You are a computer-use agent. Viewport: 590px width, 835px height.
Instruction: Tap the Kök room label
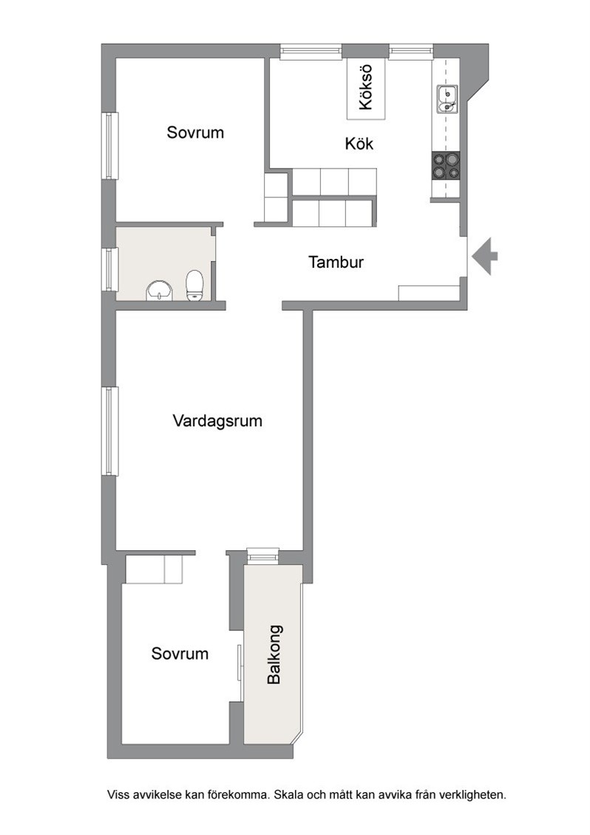point(359,143)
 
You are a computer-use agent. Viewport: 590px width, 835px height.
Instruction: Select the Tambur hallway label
point(336,262)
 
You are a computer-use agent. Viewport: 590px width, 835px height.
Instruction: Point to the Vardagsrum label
point(217,421)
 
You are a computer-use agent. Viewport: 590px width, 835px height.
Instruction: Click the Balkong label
point(274,655)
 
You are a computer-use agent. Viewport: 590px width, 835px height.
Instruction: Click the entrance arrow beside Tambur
point(484,256)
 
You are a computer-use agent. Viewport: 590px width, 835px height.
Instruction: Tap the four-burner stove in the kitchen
point(445,166)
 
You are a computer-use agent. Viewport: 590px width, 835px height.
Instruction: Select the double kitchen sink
point(447,100)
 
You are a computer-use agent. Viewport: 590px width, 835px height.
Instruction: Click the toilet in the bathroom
point(194,286)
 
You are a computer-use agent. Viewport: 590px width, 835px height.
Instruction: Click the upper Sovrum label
point(195,132)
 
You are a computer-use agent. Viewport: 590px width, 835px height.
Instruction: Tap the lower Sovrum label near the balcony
point(180,653)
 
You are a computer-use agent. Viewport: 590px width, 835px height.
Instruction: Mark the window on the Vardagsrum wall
point(109,431)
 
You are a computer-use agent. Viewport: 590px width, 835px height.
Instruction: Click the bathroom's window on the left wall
point(109,269)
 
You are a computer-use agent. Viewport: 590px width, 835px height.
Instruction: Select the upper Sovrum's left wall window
point(109,146)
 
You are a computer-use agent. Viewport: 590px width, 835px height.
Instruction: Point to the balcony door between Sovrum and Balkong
point(240,662)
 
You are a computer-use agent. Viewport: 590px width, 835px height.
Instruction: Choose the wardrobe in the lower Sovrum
point(154,569)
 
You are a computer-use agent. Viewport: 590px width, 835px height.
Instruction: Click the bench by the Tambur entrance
point(429,293)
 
